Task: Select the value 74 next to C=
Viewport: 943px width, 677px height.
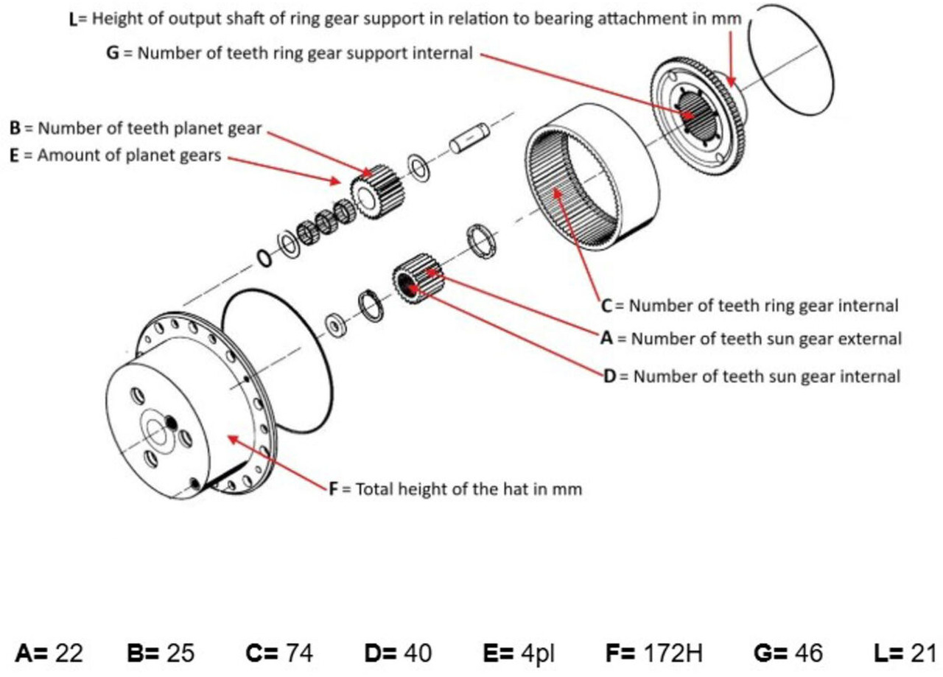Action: [300, 653]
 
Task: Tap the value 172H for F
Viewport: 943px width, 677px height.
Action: [673, 653]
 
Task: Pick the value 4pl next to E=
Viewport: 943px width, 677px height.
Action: [539, 653]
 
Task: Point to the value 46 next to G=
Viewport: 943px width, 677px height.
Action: [808, 653]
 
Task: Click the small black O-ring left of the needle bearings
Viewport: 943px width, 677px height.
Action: [264, 259]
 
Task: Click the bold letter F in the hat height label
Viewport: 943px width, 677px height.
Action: [334, 489]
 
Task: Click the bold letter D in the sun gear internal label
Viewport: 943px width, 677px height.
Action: [609, 376]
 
